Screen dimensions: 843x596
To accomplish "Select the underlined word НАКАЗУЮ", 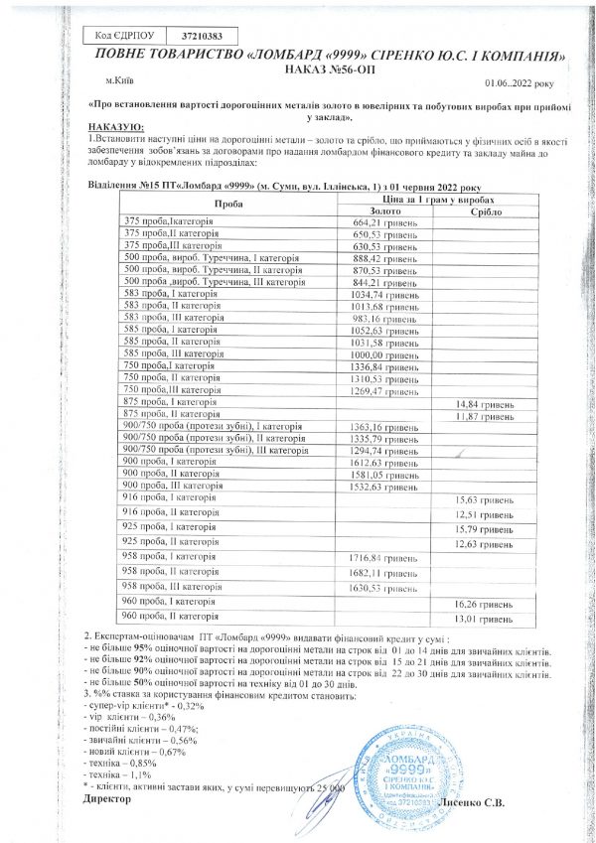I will (x=116, y=126).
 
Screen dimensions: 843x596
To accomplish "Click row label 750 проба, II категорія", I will (x=170, y=378).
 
